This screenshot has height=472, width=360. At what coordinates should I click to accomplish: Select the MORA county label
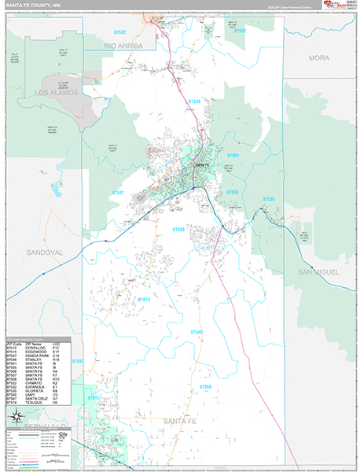[x=319, y=58]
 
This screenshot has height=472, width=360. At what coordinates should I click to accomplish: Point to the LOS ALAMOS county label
[x=57, y=92]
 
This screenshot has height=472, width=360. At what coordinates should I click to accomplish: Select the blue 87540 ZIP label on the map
[x=197, y=333]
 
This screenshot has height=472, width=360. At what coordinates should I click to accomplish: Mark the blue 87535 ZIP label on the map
[x=269, y=199]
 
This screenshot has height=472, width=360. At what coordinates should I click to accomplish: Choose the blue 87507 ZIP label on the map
[x=118, y=192]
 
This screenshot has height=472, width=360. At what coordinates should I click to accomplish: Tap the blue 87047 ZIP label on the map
[x=77, y=361]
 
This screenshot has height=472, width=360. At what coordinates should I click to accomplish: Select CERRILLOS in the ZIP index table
[x=35, y=348]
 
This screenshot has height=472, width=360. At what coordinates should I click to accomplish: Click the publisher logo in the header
[x=335, y=7]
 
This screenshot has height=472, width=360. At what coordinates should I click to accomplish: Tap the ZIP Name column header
[x=34, y=344]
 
